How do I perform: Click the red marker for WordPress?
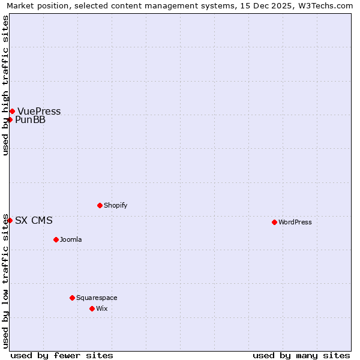[x=274, y=222]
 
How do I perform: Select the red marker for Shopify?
[x=100, y=205]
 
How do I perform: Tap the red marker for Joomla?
[x=56, y=239]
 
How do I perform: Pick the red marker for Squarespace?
[x=72, y=298]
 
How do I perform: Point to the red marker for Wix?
[x=92, y=308]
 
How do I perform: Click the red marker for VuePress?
[x=12, y=111]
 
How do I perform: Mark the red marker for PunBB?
[x=10, y=119]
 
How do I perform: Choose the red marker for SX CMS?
[x=10, y=220]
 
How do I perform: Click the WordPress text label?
[x=295, y=222]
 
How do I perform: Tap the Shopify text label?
[x=116, y=205]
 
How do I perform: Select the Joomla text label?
[x=71, y=239]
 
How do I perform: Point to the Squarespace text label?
[x=97, y=298]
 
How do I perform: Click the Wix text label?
[x=102, y=308]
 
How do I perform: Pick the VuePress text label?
[x=39, y=111]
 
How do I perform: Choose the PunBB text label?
[x=30, y=119]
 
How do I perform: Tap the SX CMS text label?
[x=34, y=220]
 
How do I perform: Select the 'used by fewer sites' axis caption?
[x=62, y=355]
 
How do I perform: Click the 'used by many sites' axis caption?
[x=301, y=355]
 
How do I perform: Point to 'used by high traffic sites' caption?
[x=6, y=85]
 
